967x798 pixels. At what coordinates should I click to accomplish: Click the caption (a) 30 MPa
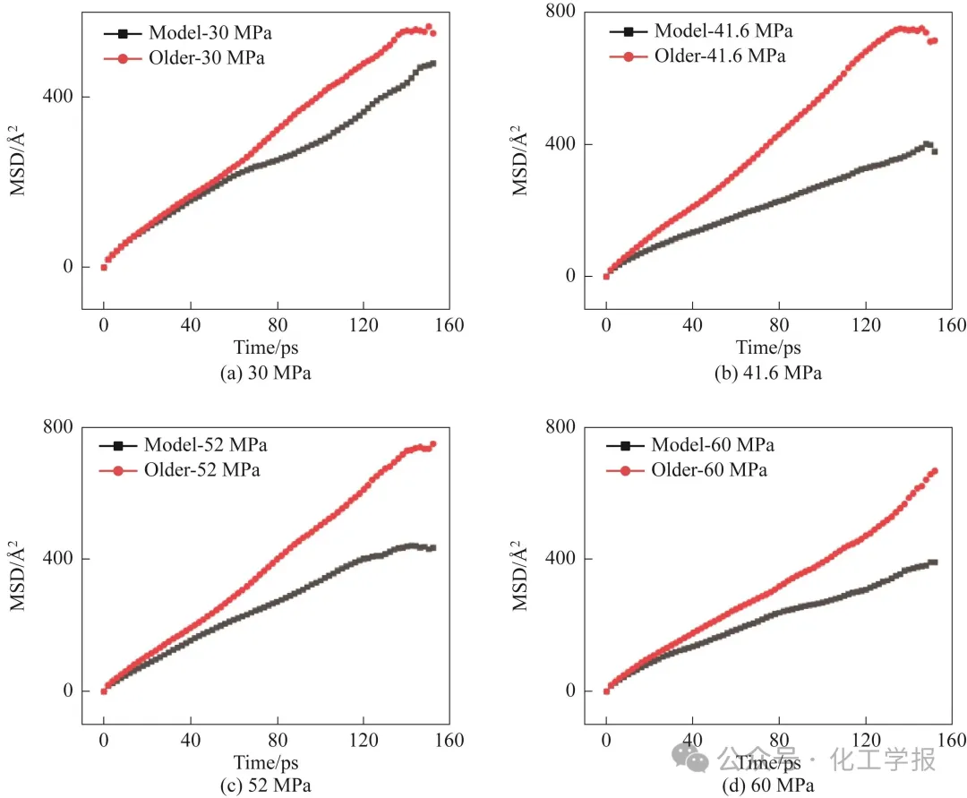[266, 373]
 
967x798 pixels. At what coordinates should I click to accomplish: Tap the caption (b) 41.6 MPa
[768, 373]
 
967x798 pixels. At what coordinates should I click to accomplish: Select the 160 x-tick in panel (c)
[449, 741]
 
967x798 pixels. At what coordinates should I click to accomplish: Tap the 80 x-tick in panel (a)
[277, 324]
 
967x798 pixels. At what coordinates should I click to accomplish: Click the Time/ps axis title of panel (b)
[768, 348]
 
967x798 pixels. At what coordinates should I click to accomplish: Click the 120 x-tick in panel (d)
[866, 741]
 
